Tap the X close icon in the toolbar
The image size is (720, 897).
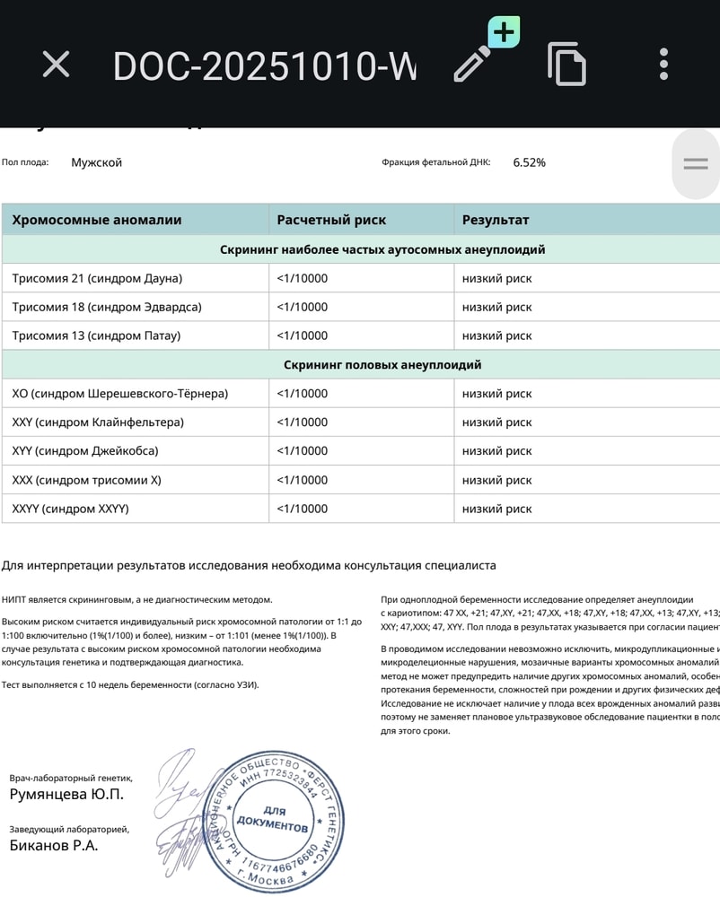pos(57,64)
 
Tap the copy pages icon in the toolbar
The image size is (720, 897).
pos(566,64)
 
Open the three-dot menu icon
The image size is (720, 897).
pos(663,64)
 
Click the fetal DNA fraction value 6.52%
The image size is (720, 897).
pos(529,162)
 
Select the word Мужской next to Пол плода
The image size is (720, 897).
pos(96,162)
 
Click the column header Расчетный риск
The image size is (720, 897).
pos(331,220)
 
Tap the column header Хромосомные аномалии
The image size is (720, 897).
pos(97,220)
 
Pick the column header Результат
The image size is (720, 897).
pos(496,220)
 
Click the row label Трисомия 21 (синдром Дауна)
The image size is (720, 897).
pos(97,278)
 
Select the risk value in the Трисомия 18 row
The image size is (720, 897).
pos(302,307)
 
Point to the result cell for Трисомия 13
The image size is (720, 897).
pos(496,335)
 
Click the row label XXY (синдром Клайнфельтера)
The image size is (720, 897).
pos(98,422)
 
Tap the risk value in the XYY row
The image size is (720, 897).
pos(302,451)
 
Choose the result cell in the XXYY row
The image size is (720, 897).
pos(496,509)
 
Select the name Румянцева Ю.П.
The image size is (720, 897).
pos(66,795)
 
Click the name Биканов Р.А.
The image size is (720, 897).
pos(54,845)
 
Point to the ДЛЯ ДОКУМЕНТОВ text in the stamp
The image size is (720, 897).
pos(274,817)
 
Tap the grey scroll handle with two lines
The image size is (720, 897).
pos(696,163)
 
